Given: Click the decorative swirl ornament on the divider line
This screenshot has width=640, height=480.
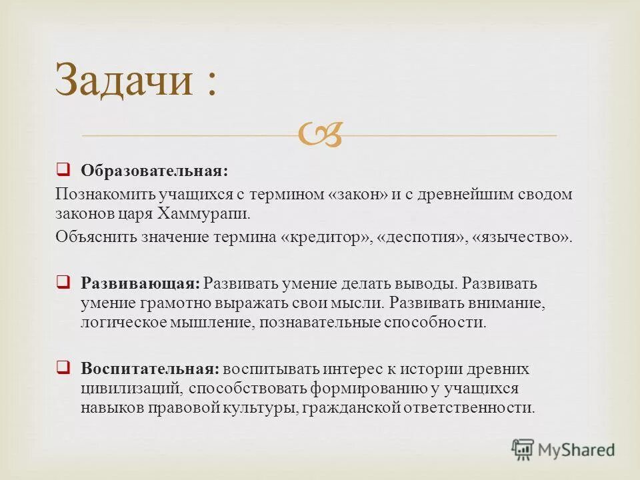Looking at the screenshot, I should (x=321, y=134).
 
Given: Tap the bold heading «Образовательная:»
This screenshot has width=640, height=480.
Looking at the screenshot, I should (x=154, y=171).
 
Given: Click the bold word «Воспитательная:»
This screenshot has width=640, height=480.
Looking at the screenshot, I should (x=149, y=369).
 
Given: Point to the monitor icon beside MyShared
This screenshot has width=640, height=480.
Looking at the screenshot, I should (x=523, y=449).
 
